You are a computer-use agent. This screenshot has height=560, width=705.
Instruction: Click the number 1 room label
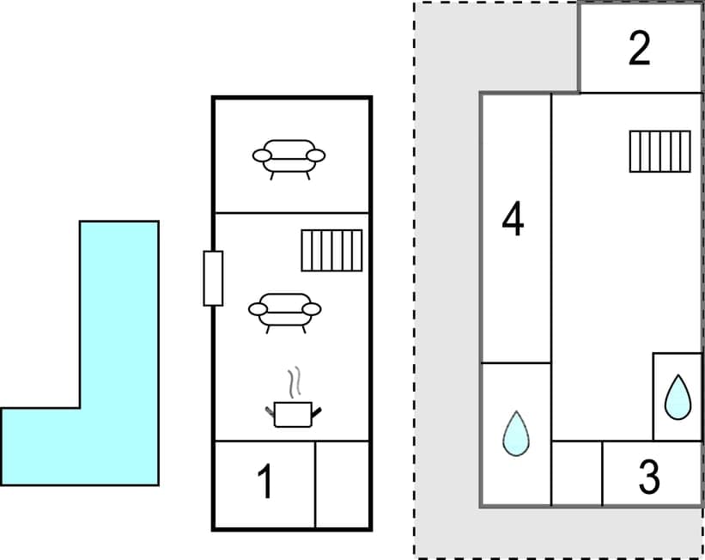[266, 482]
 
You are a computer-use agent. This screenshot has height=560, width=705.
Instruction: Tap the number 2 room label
[639, 49]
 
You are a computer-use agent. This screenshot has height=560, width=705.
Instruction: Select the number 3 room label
[650, 478]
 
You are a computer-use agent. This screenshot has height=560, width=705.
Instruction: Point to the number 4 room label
[513, 220]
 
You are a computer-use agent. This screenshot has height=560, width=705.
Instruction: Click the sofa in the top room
[289, 157]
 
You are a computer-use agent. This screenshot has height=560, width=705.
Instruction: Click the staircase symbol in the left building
[331, 250]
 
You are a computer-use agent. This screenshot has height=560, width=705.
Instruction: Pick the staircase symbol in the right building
[660, 151]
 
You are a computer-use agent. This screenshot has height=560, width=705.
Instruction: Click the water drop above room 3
[678, 397]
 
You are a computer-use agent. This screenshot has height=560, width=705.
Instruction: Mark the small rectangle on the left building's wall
[213, 278]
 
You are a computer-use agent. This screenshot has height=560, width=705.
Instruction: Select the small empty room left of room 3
[576, 473]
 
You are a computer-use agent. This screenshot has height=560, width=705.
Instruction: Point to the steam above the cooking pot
[295, 383]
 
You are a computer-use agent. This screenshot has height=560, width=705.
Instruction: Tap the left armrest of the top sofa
[262, 155]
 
